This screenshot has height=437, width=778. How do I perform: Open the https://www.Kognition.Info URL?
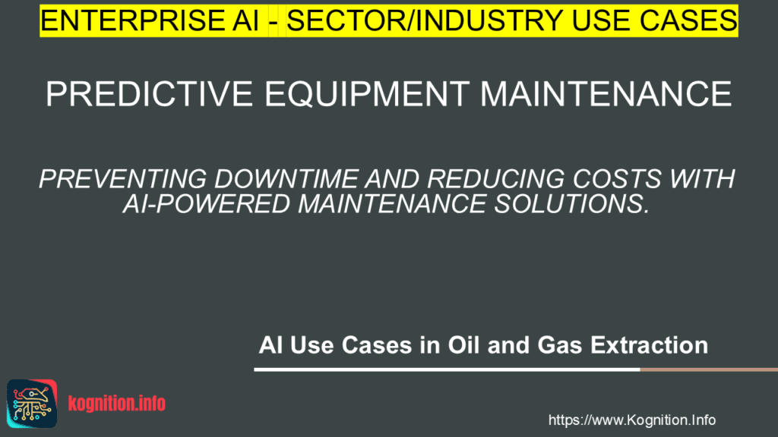tap(631, 420)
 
